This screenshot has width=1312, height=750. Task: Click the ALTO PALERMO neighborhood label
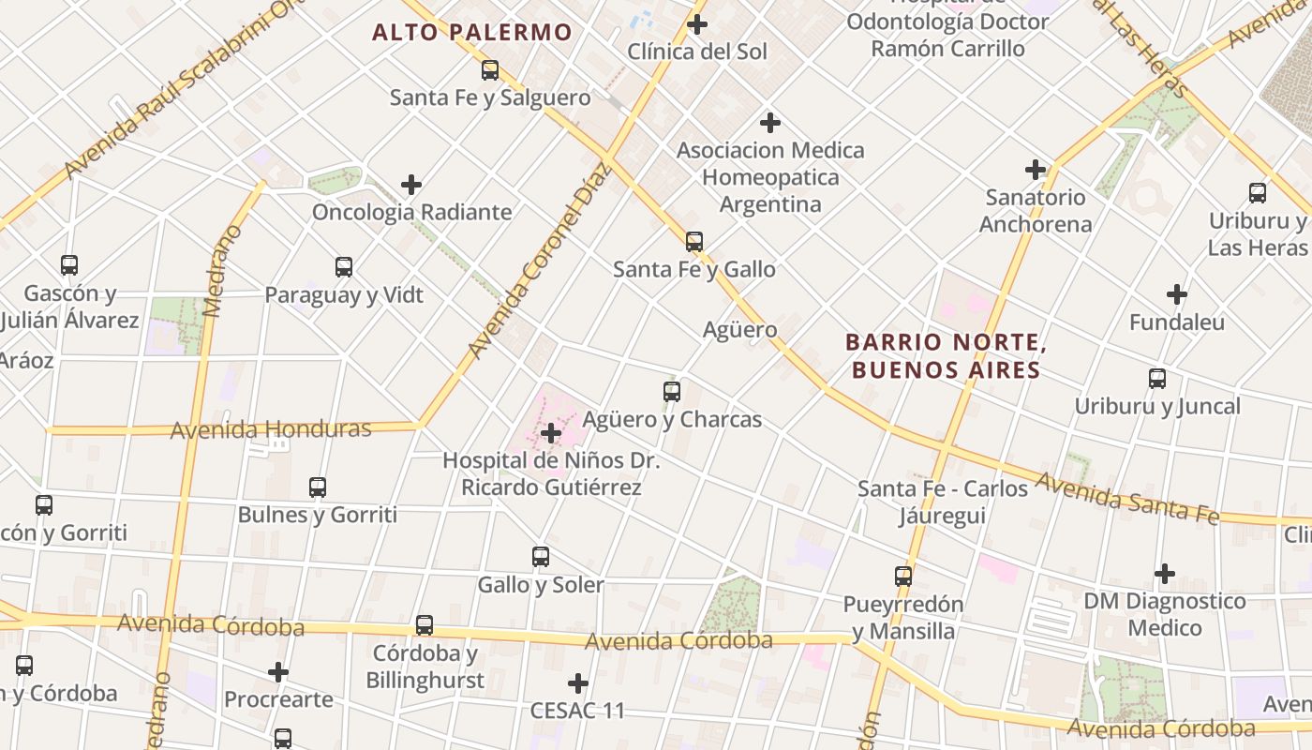coord(471,33)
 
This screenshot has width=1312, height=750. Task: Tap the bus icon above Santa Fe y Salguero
coord(490,70)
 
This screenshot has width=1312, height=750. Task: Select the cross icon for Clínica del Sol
coord(697,24)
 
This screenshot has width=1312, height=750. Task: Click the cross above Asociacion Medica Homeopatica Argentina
coord(770,123)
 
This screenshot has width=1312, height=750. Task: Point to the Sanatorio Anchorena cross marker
coord(1036,170)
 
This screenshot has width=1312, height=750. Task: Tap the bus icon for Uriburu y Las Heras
coord(1258,193)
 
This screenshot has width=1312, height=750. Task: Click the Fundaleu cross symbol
coord(1177,294)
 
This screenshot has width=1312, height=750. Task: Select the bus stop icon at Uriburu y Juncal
coord(1157,379)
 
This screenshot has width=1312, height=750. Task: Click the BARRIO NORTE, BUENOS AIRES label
coord(946,355)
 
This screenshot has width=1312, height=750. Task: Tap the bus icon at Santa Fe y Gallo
coord(694,242)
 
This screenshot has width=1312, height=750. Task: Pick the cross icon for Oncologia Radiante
coord(411,185)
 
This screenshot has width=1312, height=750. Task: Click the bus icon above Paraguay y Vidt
coord(344,267)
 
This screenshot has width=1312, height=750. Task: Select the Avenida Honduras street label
coord(271,429)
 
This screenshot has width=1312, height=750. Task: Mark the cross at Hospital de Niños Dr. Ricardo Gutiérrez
coord(551,433)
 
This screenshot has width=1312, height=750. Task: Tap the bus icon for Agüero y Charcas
coord(672,392)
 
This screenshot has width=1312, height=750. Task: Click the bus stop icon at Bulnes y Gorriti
coord(318,487)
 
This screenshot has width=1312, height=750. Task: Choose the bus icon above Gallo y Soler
coord(541,557)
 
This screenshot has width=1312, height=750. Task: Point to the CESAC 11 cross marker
coord(578,683)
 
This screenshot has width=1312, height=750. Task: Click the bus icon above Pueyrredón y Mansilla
coord(903,577)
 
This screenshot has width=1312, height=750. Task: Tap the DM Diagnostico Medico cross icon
coord(1165,573)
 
